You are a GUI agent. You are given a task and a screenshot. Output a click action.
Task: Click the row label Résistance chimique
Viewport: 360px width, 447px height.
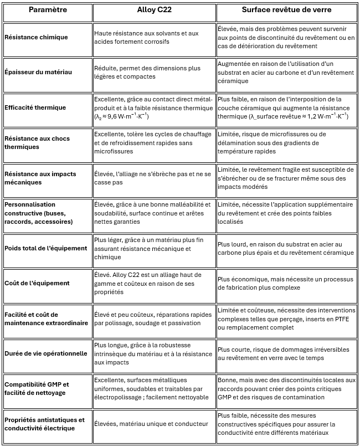pos(36,37)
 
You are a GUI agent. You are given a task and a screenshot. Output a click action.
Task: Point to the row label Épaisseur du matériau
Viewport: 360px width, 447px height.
pos(38,72)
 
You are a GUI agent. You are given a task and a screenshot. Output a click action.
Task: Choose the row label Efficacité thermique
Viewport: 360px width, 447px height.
pos(35,107)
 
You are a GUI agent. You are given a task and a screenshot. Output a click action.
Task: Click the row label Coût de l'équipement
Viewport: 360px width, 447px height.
pos(37,283)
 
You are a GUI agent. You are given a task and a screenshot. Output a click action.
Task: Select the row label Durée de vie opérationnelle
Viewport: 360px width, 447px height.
pos(45,353)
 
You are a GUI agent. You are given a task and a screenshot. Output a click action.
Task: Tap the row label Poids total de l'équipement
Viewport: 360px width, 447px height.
pos(46,248)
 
